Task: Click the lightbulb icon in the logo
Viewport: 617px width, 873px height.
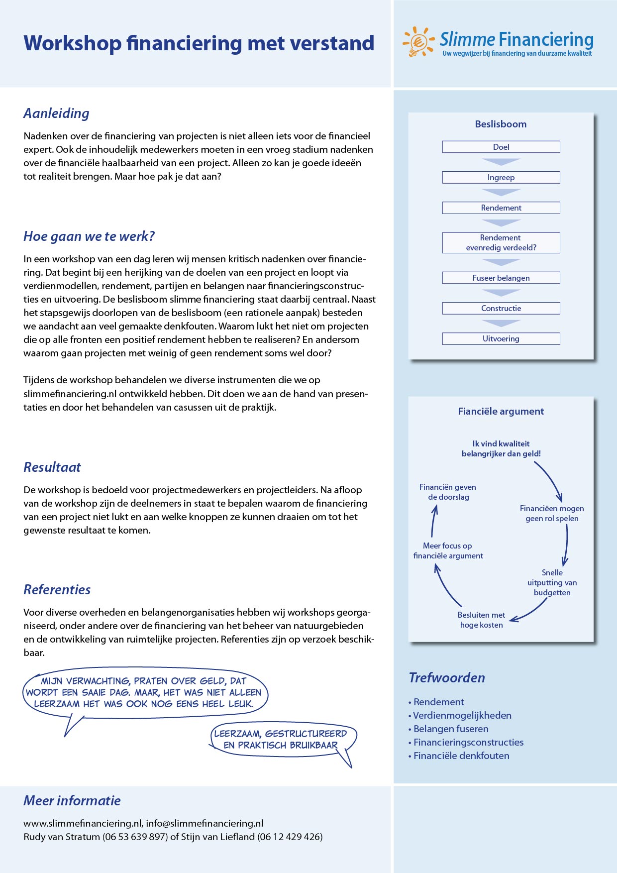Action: point(417,42)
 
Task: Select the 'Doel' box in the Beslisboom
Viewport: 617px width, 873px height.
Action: point(501,147)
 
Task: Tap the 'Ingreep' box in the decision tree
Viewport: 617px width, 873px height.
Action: point(501,177)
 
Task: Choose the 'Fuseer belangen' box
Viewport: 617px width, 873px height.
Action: point(501,278)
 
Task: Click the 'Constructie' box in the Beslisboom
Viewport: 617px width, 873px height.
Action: point(501,308)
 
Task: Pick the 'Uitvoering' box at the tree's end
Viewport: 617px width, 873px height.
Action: point(501,338)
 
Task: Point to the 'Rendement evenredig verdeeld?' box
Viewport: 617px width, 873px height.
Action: point(501,243)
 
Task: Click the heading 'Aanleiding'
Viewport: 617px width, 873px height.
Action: point(56,113)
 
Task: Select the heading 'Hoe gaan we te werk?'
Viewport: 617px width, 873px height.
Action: point(89,236)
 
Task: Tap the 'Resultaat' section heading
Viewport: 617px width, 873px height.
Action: point(52,467)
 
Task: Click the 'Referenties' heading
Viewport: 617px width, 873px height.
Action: point(57,590)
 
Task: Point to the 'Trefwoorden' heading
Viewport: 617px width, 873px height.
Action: point(447,678)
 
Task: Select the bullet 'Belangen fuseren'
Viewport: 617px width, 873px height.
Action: point(451,729)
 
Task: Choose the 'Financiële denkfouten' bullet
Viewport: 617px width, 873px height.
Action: point(461,756)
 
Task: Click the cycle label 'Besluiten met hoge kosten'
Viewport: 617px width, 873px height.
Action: point(481,620)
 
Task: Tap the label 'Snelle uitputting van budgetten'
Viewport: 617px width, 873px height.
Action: point(552,582)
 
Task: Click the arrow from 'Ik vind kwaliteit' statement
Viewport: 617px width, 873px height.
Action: point(550,481)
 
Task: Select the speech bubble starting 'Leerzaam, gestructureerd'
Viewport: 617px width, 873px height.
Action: point(281,739)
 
